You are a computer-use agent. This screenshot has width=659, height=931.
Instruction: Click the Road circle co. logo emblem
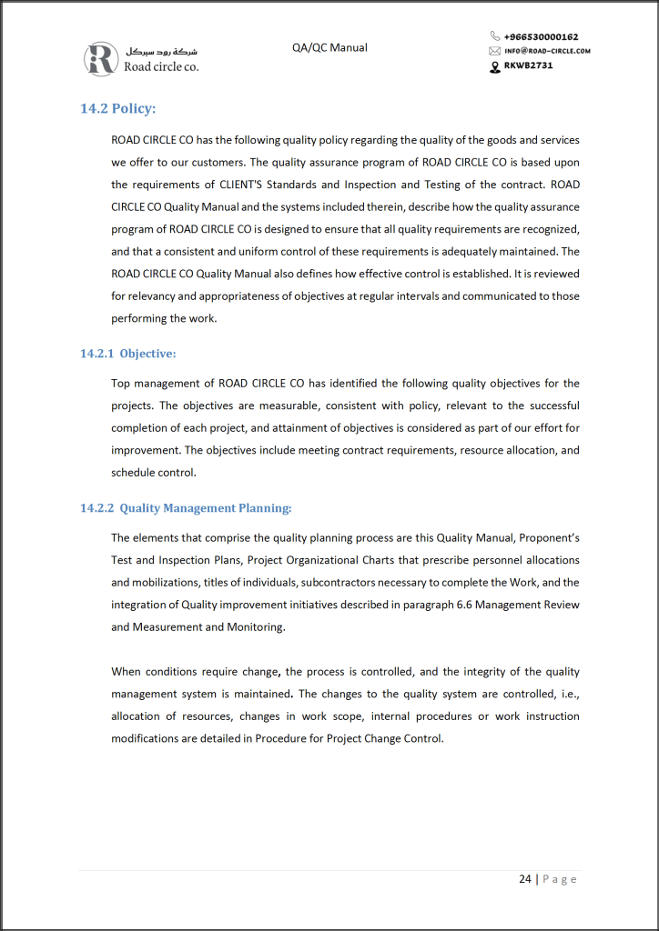[x=100, y=58]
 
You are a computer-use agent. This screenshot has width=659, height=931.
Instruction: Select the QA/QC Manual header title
[x=329, y=47]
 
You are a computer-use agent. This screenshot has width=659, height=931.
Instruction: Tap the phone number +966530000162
[x=541, y=37]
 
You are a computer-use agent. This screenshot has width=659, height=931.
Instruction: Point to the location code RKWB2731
[x=528, y=65]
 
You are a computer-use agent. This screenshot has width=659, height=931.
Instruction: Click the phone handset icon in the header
[x=495, y=37]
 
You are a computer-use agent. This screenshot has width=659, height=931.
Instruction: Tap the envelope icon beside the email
[x=495, y=51]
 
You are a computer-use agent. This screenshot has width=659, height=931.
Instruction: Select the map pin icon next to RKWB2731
[x=495, y=66]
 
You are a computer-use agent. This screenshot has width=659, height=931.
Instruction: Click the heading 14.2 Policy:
[x=118, y=109]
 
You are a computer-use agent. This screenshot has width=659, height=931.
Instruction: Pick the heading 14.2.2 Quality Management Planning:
[x=186, y=508]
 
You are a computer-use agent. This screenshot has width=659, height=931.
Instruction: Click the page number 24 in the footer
[x=525, y=879]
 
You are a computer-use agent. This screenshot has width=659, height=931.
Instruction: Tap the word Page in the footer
[x=560, y=879]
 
